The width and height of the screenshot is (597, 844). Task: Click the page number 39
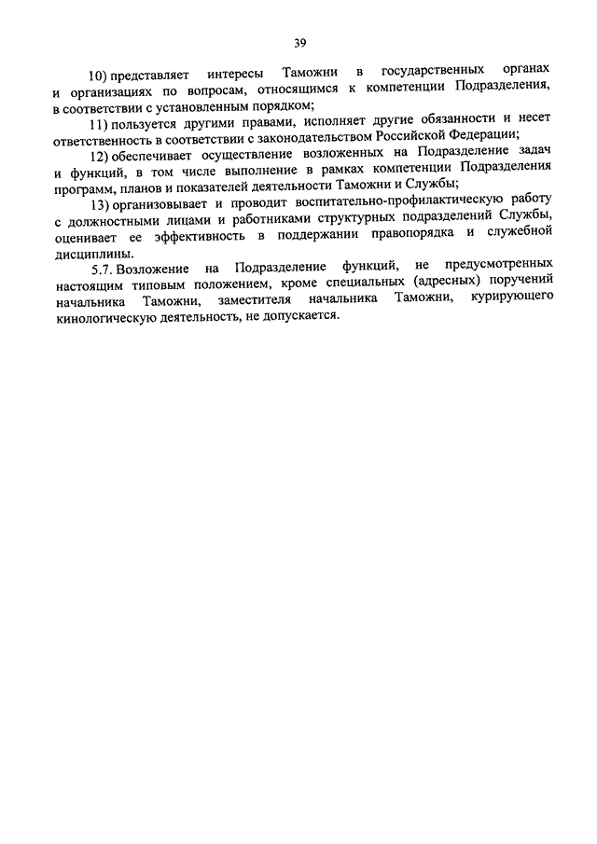point(299,41)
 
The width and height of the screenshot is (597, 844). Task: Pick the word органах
point(531,72)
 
